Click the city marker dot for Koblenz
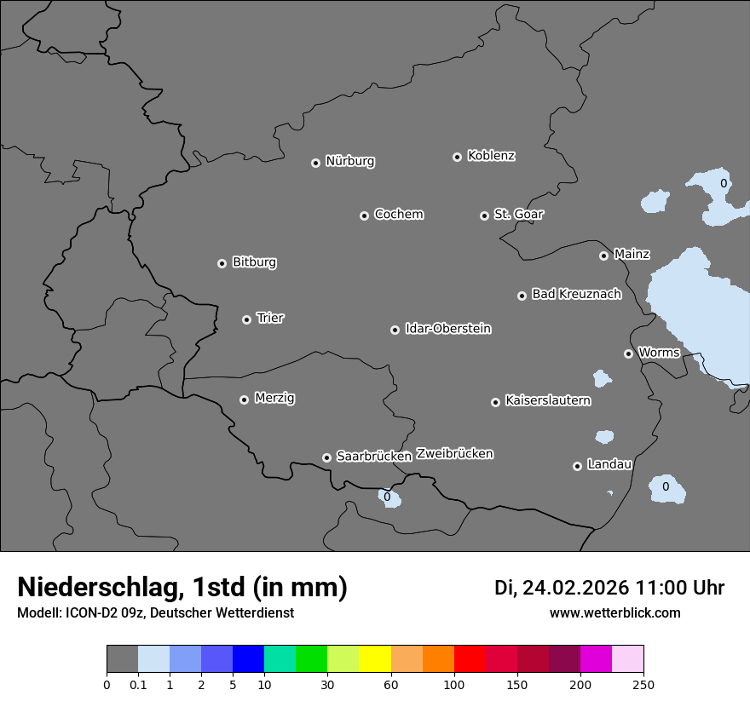coord(457,157)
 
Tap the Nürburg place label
coord(350,161)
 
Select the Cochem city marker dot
coord(364,216)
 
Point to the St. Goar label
coord(518,214)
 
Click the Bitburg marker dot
coord(222,263)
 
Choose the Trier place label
coord(270,318)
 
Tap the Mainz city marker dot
coord(603,256)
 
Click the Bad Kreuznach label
coord(576,294)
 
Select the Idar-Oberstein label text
coord(447,328)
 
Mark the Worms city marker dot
coord(628,353)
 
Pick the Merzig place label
coord(274,398)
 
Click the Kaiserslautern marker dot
coord(495,402)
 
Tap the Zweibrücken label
coord(454,453)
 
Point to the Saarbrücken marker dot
coord(326,457)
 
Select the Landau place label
coord(609,464)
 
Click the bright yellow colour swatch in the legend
coord(375,659)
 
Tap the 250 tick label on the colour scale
coord(643,684)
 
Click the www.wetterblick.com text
coord(614,612)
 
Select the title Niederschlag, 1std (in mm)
coord(182,587)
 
